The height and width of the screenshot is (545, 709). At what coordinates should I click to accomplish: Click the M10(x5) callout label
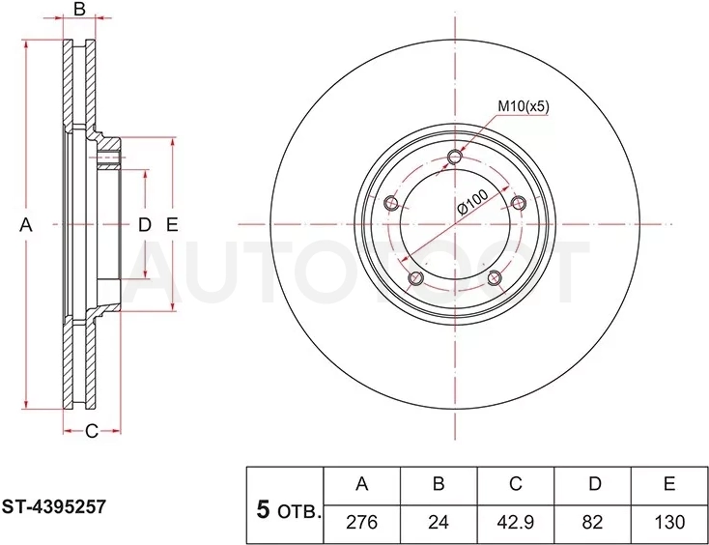(x=524, y=106)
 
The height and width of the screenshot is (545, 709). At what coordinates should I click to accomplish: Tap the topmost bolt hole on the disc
(x=455, y=157)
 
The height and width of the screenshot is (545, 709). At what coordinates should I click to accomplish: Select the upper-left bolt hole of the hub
(x=391, y=203)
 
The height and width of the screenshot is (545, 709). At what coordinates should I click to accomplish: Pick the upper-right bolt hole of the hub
(x=518, y=203)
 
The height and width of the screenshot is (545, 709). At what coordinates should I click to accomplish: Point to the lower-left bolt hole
(x=415, y=277)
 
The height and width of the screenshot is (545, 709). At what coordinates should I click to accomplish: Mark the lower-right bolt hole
(x=495, y=277)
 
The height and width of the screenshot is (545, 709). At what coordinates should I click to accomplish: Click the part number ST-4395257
(x=54, y=506)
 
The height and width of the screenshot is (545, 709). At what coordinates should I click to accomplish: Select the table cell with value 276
(x=361, y=524)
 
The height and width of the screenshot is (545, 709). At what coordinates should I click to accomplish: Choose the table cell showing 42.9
(x=516, y=524)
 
